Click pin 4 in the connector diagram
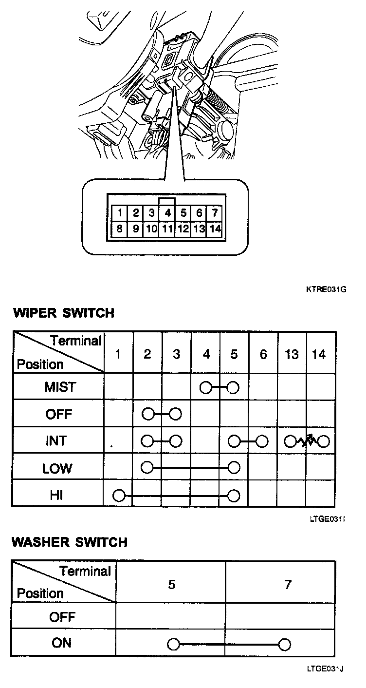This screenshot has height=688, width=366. [167, 213]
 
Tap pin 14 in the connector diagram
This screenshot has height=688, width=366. [214, 228]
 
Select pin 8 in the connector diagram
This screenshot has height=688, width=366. [120, 228]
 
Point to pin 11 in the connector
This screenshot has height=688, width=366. [167, 228]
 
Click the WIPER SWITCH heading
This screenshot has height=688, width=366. [63, 313]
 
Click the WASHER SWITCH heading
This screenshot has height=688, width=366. [70, 542]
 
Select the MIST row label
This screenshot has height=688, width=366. [60, 387]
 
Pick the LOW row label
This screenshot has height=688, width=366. [57, 469]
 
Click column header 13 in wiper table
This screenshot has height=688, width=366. [292, 354]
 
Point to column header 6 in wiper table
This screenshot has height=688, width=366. [263, 354]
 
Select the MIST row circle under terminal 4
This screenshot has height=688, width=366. [206, 387]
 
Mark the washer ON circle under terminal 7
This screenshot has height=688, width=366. [285, 645]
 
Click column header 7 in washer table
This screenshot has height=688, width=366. [287, 584]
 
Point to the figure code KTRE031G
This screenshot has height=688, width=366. [326, 289]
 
